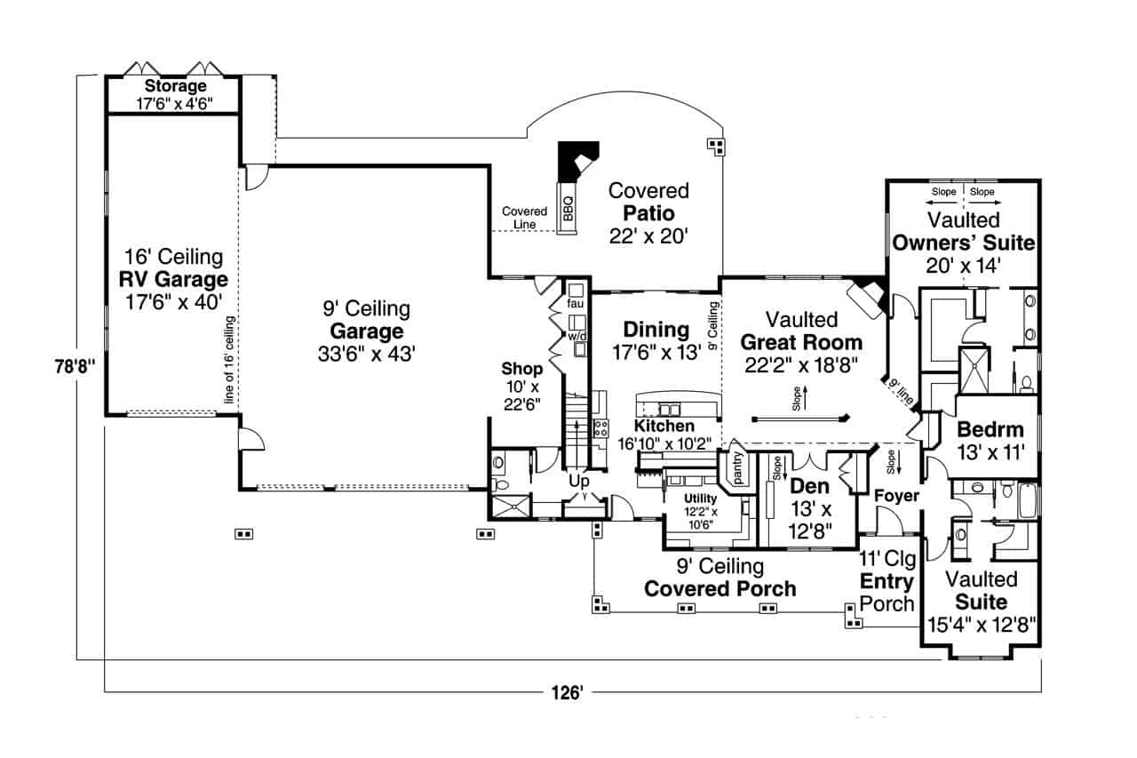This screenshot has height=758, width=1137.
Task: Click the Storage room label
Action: coord(175,86)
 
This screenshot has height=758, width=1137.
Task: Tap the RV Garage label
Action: coord(173,280)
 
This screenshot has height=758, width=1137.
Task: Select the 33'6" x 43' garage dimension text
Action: coord(366,353)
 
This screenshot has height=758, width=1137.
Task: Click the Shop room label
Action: coord(521,368)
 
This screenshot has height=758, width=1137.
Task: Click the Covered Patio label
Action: coord(648,213)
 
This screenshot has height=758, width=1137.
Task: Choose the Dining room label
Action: coord(656,330)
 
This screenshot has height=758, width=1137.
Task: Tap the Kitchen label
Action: coord(664,427)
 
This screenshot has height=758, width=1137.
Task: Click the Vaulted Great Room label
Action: coord(801,342)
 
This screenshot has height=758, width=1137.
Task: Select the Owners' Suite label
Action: coord(964,243)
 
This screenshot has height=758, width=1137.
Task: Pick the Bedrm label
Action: coord(990,430)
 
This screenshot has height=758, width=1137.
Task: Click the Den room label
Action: coord(809,486)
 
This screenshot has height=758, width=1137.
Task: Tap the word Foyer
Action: coord(896,496)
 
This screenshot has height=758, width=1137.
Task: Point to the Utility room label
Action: coord(700,499)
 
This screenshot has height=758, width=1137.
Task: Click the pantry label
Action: coord(737,466)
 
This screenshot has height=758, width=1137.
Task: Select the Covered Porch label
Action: coord(720,588)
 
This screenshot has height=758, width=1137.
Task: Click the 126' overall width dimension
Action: coord(569,692)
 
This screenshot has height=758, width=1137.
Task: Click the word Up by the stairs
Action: coord(579,481)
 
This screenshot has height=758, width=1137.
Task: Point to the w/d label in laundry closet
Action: coord(576,337)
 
